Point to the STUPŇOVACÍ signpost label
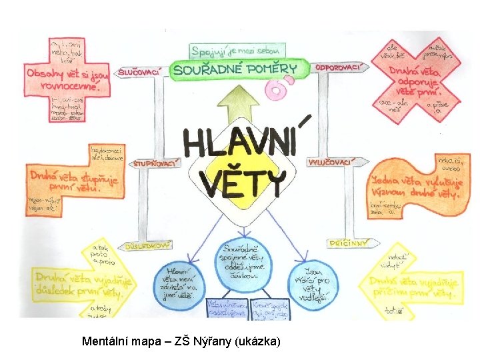click(156, 163)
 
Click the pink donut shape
click(274, 89)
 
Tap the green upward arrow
click(241, 107)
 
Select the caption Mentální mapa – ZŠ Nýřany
click(181, 341)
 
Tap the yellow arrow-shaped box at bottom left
click(73, 280)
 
